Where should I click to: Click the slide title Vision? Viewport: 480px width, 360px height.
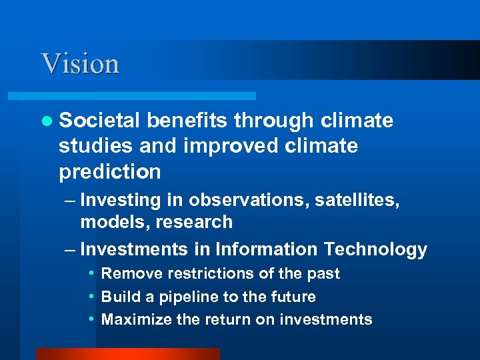[x=80, y=64]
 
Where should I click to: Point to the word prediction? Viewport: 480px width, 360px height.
[x=109, y=171]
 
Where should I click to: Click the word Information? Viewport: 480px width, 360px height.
[x=267, y=249]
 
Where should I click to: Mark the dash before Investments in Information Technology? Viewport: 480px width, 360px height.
[x=69, y=250]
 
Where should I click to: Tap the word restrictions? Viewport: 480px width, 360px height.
[x=192, y=274]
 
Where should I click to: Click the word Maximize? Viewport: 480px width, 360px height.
[x=136, y=319]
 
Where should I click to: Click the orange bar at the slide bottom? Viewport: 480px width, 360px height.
[x=127, y=354]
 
